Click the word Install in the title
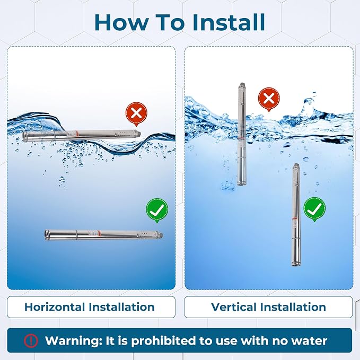point(229,22)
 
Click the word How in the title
point(121,22)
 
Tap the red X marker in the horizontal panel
point(136,113)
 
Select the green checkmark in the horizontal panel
point(157,210)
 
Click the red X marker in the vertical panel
point(269,99)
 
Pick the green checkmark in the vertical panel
point(314,209)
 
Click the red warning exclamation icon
point(31,340)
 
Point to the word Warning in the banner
point(74,341)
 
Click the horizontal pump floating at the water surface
point(81,136)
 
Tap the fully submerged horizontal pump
point(103,235)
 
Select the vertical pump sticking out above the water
point(242,134)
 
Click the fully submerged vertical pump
point(296,215)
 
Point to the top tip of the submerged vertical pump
point(296,163)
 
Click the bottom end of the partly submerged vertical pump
point(241,185)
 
